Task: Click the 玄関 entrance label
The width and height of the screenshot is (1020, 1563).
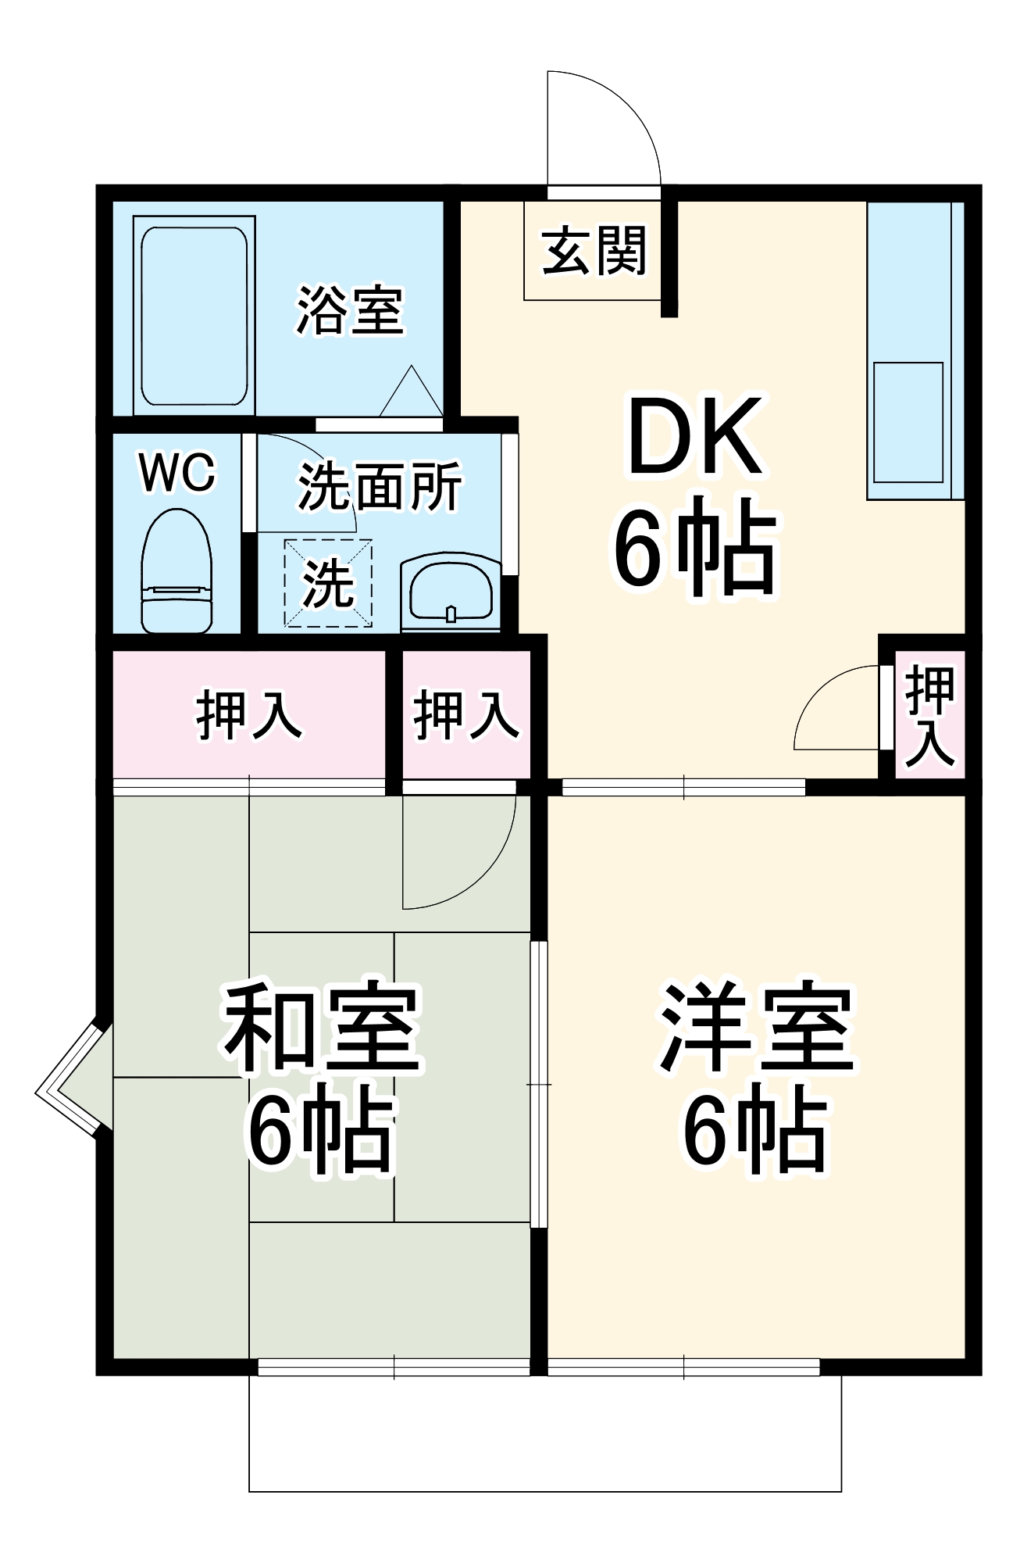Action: click(x=594, y=252)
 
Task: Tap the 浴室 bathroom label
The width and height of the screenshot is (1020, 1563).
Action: click(x=350, y=310)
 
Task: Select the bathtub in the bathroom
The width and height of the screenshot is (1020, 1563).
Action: click(x=194, y=316)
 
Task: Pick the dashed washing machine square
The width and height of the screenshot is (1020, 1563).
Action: click(x=328, y=583)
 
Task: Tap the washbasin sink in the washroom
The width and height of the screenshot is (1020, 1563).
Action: click(x=451, y=592)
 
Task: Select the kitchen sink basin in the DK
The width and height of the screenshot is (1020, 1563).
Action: click(x=908, y=422)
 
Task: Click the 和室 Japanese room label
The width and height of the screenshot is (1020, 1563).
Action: click(x=322, y=1028)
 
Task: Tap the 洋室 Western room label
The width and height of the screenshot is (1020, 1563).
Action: click(x=756, y=1028)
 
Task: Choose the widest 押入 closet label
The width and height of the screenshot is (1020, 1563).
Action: click(x=248, y=714)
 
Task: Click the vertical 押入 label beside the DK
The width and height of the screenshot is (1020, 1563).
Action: click(x=930, y=715)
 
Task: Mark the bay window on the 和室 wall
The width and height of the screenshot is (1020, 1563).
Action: click(x=72, y=1078)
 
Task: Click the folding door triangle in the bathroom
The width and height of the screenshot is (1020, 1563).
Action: click(x=412, y=392)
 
